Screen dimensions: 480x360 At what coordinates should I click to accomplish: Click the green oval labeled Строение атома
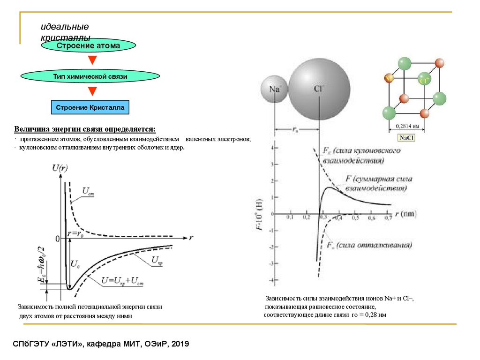coord(89,45)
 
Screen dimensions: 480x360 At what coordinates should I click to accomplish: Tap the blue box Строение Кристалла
coord(90,107)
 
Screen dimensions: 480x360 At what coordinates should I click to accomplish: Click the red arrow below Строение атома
coord(92,60)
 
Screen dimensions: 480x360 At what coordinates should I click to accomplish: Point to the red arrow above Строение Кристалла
coord(92,91)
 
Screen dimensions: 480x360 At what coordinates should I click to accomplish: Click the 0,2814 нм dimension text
coord(406,126)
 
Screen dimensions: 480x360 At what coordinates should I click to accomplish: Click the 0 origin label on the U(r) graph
coord(58,239)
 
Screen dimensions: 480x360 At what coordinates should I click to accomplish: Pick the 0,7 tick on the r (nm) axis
coord(388,218)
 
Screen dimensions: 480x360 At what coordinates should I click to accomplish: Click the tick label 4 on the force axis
coord(270,148)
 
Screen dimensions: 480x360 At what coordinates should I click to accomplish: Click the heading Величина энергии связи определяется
coord(84,129)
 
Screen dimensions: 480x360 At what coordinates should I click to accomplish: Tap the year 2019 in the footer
coord(180,345)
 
